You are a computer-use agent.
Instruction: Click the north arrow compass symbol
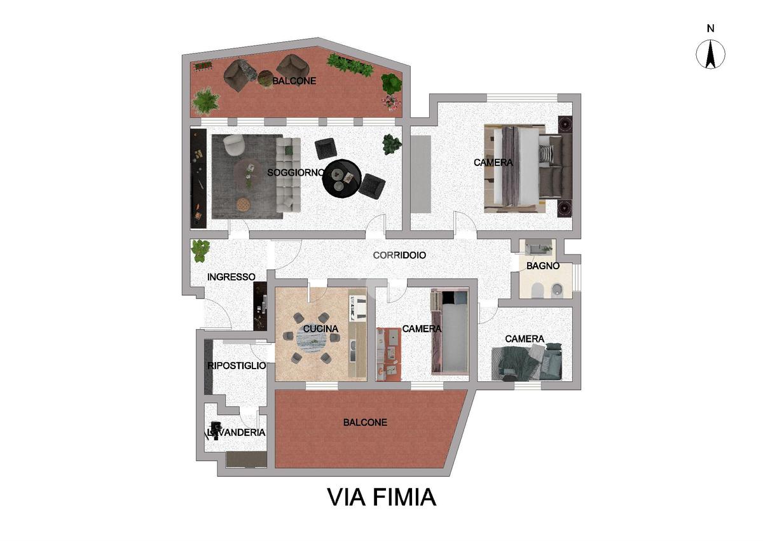[710, 54]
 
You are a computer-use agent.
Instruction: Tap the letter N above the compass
[711, 29]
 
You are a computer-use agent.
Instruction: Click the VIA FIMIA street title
[382, 497]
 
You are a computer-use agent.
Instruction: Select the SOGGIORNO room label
[296, 173]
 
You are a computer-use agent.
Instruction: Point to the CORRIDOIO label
[399, 255]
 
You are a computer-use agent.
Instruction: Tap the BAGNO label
[543, 266]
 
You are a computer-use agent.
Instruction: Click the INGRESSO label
[231, 277]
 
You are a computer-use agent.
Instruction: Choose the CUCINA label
[320, 329]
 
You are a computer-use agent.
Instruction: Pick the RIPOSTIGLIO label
[237, 366]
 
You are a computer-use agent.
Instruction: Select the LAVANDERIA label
[237, 433]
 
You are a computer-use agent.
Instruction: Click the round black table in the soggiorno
[341, 178]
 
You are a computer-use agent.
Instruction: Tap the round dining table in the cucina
[312, 341]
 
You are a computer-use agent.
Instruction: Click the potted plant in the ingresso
[200, 251]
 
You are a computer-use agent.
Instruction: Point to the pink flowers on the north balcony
[390, 102]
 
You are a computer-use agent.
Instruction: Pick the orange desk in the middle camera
[388, 355]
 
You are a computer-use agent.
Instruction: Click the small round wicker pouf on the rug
[244, 204]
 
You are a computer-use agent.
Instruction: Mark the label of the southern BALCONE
[365, 423]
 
